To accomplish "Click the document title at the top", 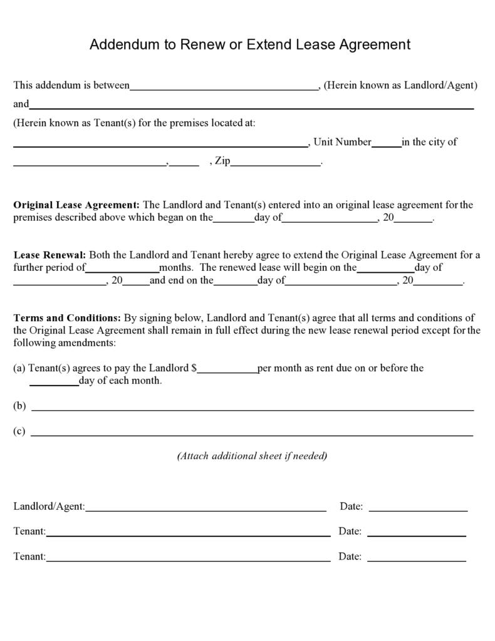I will pyautogui.click(x=249, y=45).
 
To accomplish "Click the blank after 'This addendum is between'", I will pyautogui.click(x=224, y=88).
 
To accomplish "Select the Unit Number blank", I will pyautogui.click(x=387, y=144).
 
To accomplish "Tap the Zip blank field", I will pyautogui.click(x=276, y=164).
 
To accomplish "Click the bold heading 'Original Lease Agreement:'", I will pyautogui.click(x=76, y=205).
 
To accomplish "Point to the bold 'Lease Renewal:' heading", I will pyautogui.click(x=49, y=255).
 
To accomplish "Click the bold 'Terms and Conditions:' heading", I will pyautogui.click(x=67, y=318).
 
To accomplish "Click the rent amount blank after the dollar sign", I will pyautogui.click(x=227, y=371).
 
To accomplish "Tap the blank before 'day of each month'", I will pyautogui.click(x=54, y=383).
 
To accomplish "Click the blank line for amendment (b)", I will pyautogui.click(x=253, y=408).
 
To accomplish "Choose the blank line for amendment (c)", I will pyautogui.click(x=252, y=433).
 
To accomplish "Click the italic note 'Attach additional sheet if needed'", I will pyautogui.click(x=252, y=456).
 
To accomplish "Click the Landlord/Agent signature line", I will pyautogui.click(x=206, y=509).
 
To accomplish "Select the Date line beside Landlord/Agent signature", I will pyautogui.click(x=418, y=509).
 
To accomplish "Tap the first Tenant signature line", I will pyautogui.click(x=188, y=534).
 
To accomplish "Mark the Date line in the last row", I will pyautogui.click(x=417, y=559).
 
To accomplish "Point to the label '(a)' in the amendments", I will pyautogui.click(x=19, y=368).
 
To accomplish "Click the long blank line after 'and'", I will pyautogui.click(x=251, y=107).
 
